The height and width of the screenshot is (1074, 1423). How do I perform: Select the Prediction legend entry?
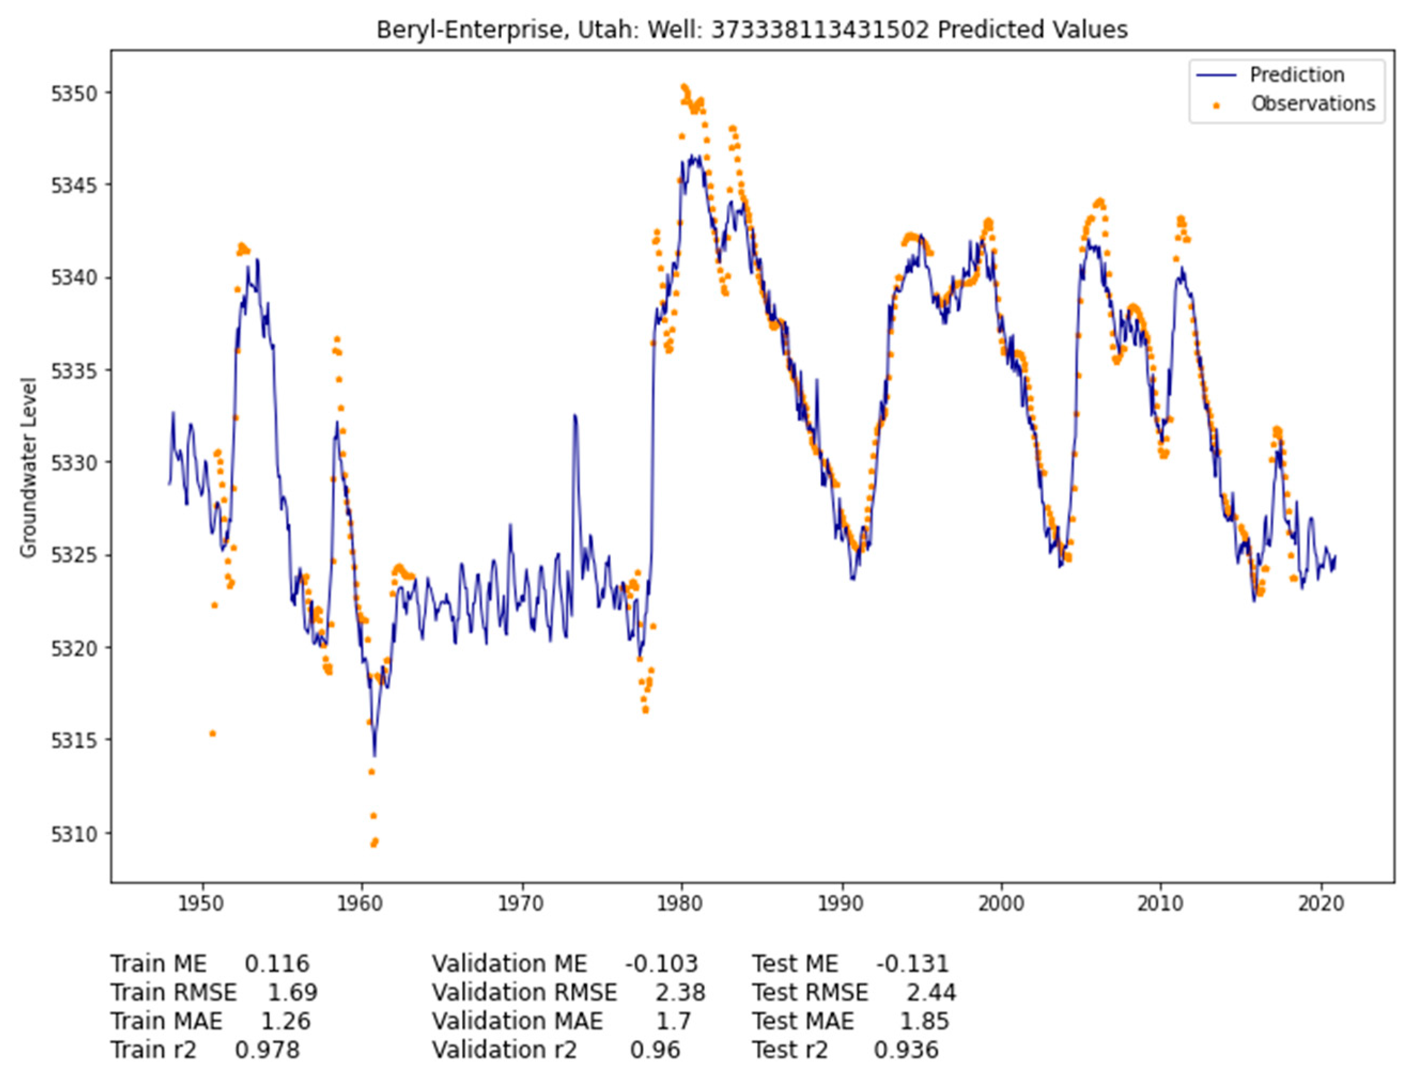(1296, 75)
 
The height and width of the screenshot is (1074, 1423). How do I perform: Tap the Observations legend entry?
(1312, 104)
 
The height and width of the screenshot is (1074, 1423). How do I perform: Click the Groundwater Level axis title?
(28, 467)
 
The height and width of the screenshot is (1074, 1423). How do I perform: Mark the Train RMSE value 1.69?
(293, 992)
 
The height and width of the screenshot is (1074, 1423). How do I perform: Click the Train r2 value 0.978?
(268, 1049)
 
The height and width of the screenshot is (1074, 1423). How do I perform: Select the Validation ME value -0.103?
(662, 963)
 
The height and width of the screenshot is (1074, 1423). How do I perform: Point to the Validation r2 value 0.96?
(655, 1049)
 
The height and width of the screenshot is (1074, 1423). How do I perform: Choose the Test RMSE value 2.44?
(931, 992)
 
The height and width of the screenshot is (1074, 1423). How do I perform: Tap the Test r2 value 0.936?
(906, 1049)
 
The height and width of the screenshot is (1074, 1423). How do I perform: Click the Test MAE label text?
(803, 1021)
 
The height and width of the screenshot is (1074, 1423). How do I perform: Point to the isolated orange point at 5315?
(213, 733)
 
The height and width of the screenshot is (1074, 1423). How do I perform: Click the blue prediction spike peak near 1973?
(574, 416)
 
